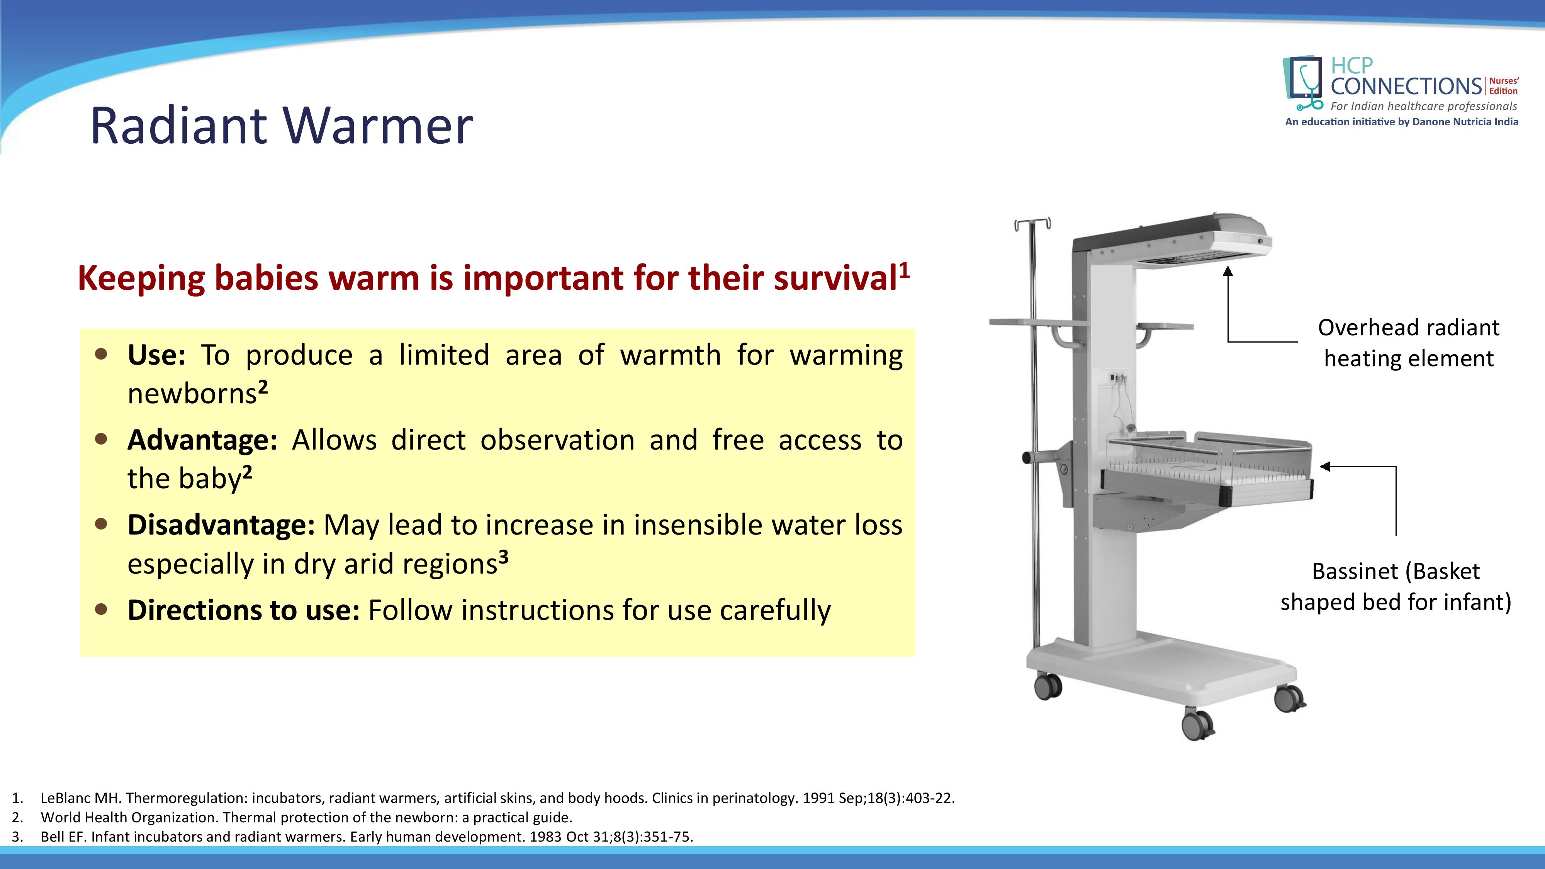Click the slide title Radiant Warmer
click(x=281, y=126)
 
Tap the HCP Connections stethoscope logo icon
click(x=1303, y=84)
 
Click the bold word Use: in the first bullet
click(x=156, y=355)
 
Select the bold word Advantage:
click(x=202, y=440)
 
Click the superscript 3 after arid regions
click(x=503, y=557)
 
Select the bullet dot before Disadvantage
click(x=101, y=524)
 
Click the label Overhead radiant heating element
click(x=1408, y=343)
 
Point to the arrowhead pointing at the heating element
click(x=1228, y=272)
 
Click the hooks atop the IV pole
click(x=1032, y=224)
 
